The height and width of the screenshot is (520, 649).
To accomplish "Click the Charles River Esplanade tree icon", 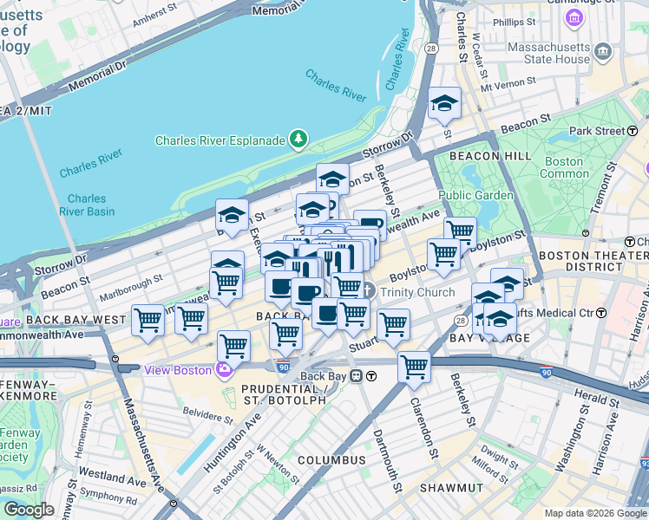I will pos(298,139).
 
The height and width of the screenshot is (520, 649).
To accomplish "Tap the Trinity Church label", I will pos(416,292).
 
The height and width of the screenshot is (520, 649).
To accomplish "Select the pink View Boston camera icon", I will pos(225,370).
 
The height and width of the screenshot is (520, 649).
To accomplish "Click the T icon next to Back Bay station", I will pos(370,376).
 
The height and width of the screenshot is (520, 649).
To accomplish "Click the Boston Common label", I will pos(564,167).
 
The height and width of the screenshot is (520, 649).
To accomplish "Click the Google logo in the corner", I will pos(29,510).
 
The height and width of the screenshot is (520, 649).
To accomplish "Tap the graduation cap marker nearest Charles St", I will pos(444,105).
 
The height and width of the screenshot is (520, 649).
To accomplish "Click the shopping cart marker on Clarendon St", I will pos(415,367).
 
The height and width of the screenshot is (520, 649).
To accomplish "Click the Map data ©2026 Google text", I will pos(594,513).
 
